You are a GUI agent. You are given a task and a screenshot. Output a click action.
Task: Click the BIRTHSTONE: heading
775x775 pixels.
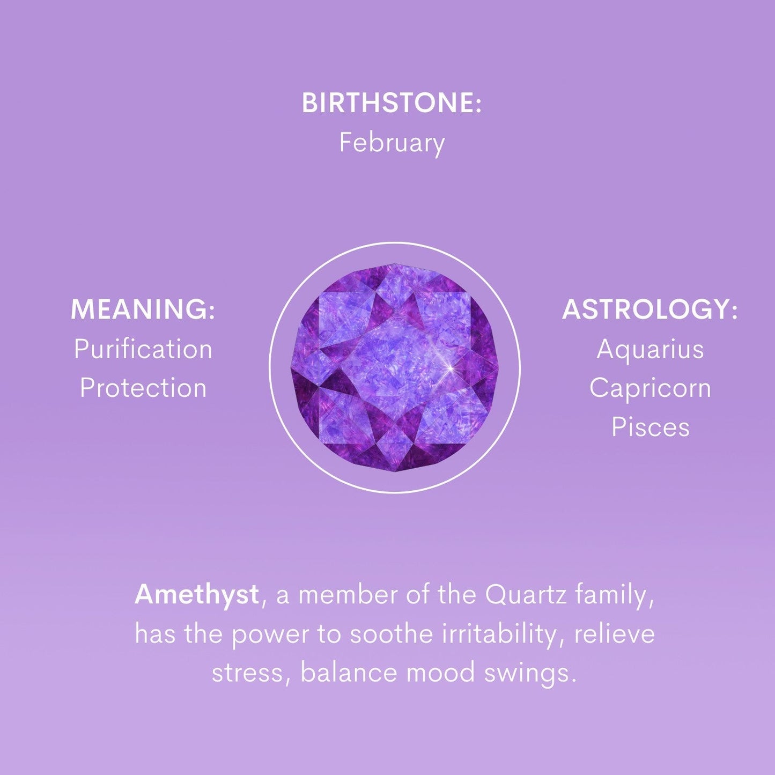391,102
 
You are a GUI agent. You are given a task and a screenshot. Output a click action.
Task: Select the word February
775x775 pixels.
392,143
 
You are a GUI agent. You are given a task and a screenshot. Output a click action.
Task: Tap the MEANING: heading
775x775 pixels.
143,309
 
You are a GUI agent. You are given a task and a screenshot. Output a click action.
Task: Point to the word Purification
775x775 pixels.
143,349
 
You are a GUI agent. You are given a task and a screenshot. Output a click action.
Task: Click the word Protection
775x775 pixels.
143,388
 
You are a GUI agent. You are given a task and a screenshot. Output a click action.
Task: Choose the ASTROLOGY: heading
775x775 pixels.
649,309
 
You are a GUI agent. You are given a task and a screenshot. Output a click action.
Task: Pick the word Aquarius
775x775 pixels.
650,349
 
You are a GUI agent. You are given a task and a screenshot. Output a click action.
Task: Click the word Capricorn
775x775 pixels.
650,388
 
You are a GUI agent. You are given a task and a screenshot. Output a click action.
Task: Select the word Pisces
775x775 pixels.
651,427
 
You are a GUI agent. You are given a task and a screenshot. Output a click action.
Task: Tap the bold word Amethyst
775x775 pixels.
197,595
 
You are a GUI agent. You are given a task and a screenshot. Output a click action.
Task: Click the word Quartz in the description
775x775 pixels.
526,595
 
